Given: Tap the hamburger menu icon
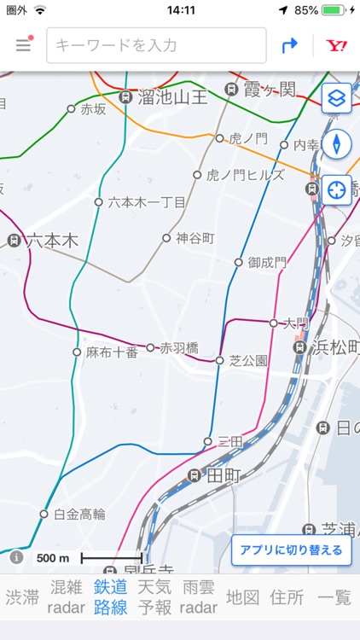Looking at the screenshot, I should point(23,45).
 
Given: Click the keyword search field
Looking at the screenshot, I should point(156,45).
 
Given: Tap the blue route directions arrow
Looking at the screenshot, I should point(290,45).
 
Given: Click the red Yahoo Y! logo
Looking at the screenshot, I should point(336,45).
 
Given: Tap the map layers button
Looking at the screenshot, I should point(337,99).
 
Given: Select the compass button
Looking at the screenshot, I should point(337,143).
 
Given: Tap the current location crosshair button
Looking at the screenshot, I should point(337,189).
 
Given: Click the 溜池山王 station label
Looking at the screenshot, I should point(173,97).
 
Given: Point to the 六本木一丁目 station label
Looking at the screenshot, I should point(146,202).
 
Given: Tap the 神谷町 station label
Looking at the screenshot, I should point(195,238).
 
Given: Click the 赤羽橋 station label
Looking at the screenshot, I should point(179,347).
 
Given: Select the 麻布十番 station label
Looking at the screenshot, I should point(113,352).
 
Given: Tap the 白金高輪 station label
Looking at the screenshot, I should point(79,514).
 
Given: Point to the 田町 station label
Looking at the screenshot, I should point(225,475).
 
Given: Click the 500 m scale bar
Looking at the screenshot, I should point(112,558).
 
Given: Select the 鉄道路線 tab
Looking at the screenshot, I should point(111,596).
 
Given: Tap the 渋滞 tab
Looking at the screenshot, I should point(23,596).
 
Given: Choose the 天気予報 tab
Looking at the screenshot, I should point(155,596).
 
